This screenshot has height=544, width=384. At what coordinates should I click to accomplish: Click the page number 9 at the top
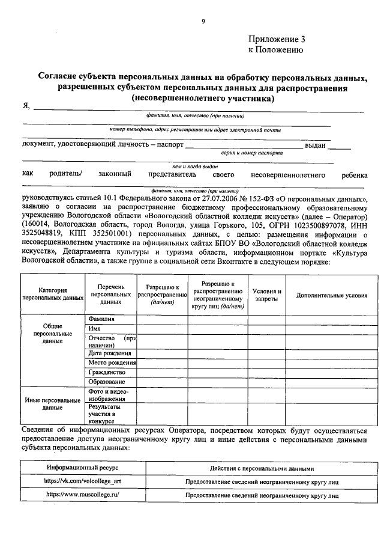point(203,22)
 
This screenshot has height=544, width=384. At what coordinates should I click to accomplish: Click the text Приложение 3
point(277,39)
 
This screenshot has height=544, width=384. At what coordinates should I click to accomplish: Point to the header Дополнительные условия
point(332,295)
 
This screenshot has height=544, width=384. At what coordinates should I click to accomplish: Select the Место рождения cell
point(112,362)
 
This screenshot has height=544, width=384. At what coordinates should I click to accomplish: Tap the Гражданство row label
point(107,372)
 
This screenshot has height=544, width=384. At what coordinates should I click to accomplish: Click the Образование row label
point(107,382)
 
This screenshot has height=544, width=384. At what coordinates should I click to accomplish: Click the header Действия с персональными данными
point(262,468)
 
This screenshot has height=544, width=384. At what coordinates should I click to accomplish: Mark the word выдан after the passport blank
point(315,144)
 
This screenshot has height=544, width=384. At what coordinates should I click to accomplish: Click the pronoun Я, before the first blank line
point(26,106)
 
